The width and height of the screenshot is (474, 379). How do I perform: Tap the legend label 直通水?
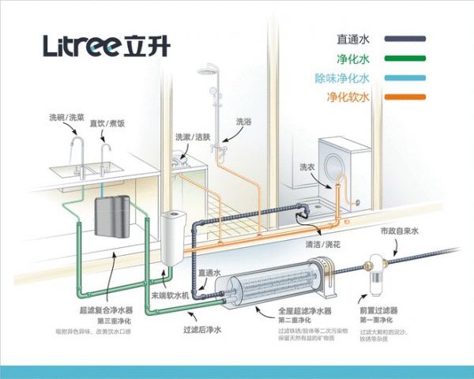point(354,38)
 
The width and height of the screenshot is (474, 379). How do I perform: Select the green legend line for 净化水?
point(405,58)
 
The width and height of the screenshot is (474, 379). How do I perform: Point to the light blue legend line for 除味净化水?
point(405,77)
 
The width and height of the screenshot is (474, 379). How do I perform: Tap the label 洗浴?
point(244,122)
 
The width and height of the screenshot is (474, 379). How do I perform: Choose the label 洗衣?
point(307,167)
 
